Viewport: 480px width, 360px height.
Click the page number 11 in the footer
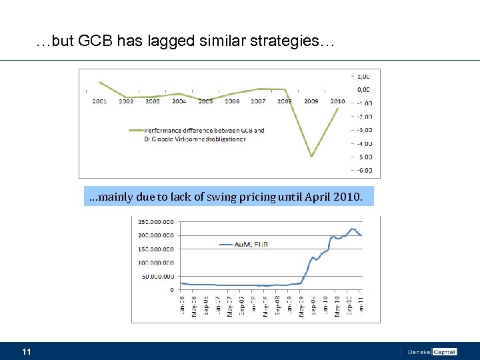pos(27,351)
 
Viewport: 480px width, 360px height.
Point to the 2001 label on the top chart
pos(99,101)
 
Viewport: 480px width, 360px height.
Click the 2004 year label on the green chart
pos(179,101)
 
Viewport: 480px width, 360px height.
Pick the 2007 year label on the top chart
pos(258,101)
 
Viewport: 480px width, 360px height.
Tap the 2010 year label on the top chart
pos(337,101)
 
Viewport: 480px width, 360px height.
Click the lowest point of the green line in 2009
pos(311,157)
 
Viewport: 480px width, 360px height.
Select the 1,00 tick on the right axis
pos(365,75)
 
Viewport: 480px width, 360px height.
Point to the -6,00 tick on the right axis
pos(365,171)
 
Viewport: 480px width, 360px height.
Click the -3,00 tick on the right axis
pos(365,130)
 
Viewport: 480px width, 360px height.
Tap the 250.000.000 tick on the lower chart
pos(156,221)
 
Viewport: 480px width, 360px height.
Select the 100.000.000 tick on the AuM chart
pos(156,262)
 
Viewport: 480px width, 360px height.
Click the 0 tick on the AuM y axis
pos(172,289)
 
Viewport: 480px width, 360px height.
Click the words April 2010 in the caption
pos(333,197)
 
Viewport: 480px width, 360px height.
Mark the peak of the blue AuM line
pos(352,229)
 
